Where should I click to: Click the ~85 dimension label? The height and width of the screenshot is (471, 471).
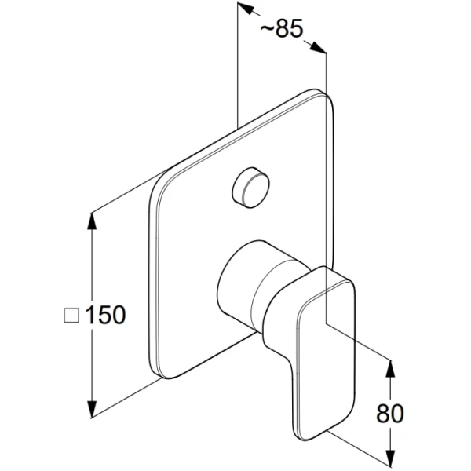[282, 29]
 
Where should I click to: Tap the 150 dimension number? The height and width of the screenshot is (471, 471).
[105, 315]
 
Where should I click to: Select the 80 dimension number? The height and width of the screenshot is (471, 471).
[390, 414]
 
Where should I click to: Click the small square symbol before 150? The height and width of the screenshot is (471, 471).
[71, 316]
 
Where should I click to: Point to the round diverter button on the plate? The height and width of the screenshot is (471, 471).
[250, 188]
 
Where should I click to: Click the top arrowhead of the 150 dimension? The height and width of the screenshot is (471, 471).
[92, 221]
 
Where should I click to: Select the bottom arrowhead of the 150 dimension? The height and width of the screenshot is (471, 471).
[92, 408]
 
